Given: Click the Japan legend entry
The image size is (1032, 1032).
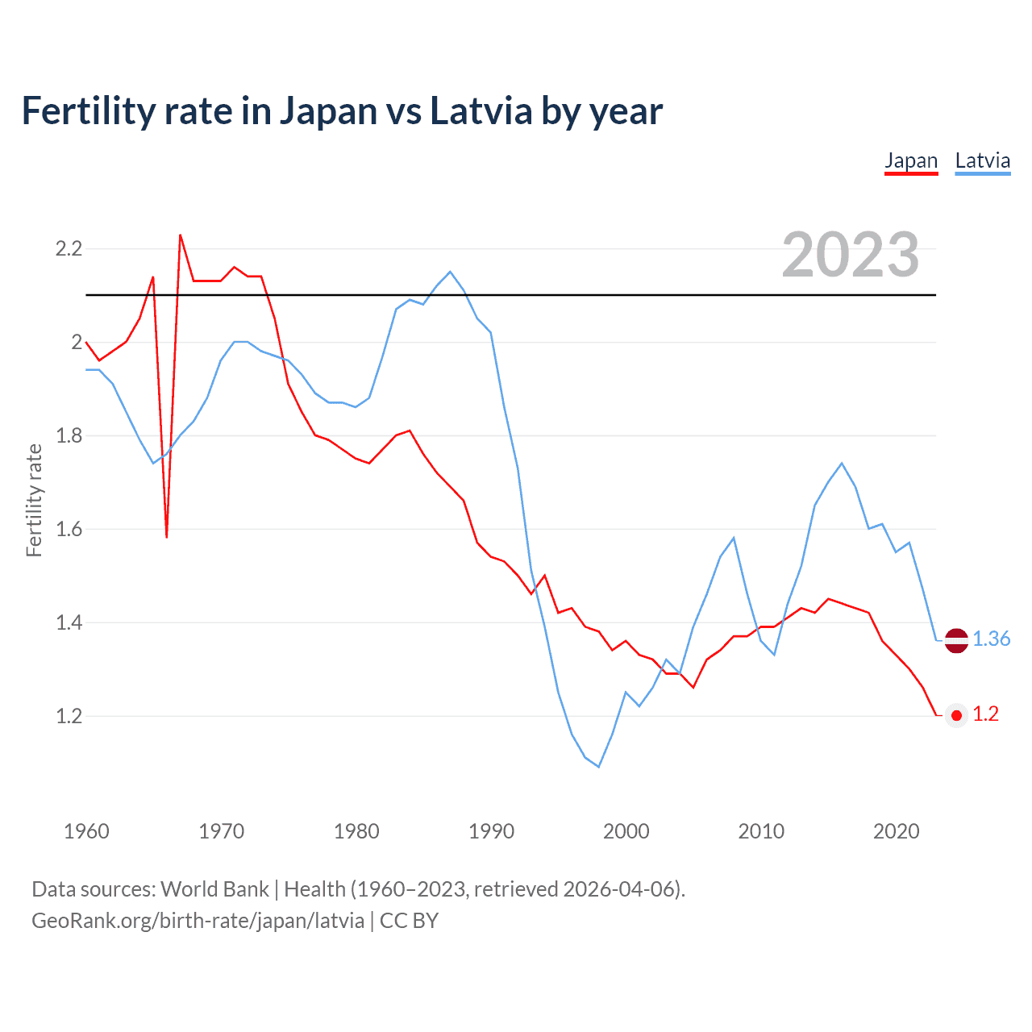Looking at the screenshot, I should [x=911, y=160].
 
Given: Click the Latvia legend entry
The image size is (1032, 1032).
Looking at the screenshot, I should [x=982, y=160].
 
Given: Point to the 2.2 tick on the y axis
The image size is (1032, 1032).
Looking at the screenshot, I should [x=69, y=248].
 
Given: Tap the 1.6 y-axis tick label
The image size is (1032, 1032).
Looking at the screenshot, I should [x=69, y=529].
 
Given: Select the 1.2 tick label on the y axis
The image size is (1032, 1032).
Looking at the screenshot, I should [x=69, y=716].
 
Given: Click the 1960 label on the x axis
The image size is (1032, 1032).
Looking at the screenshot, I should [x=86, y=831].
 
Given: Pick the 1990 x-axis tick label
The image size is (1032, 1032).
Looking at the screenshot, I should [x=491, y=831].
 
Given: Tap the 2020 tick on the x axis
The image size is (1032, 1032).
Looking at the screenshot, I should [x=896, y=831].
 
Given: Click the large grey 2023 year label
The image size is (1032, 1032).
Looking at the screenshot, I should [x=850, y=255].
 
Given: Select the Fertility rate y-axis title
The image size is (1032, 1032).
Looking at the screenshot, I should [x=34, y=500].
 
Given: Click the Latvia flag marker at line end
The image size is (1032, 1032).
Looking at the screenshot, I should [x=956, y=640].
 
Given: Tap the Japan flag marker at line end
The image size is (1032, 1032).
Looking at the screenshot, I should [x=956, y=715].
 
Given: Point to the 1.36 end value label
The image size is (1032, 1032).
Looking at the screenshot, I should [x=991, y=639].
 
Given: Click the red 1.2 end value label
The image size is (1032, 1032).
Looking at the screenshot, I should [x=985, y=714].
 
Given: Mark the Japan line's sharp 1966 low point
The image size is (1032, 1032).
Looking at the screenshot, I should [x=167, y=536].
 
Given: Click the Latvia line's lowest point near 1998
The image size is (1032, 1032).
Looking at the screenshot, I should [x=598, y=767].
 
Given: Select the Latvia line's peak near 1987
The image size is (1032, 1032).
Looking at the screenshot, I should [x=450, y=272].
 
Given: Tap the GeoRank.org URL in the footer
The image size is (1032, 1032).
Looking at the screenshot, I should [x=198, y=921].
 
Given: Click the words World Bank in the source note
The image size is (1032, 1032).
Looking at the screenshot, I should [x=214, y=889].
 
